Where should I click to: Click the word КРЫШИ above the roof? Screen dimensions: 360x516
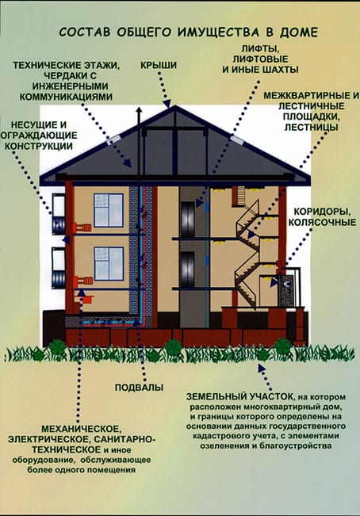159,65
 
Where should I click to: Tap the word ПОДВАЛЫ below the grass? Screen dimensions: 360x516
140,388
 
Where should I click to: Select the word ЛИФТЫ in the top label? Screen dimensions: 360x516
260,48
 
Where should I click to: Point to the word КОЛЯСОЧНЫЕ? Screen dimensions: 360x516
322,222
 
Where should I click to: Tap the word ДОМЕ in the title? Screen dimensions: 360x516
299,32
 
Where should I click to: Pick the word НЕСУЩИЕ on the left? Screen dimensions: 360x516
29,125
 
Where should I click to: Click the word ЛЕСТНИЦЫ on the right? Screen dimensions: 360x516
311,127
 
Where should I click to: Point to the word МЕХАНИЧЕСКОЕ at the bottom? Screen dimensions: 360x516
80,429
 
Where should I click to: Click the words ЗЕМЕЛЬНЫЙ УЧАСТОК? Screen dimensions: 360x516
239,396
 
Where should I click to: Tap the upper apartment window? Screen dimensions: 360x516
109,210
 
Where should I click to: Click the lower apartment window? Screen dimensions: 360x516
109,264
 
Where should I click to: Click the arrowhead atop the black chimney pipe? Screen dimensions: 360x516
140,111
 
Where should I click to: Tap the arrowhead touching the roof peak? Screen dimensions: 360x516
167,103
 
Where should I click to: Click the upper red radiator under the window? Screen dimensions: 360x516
83,227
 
